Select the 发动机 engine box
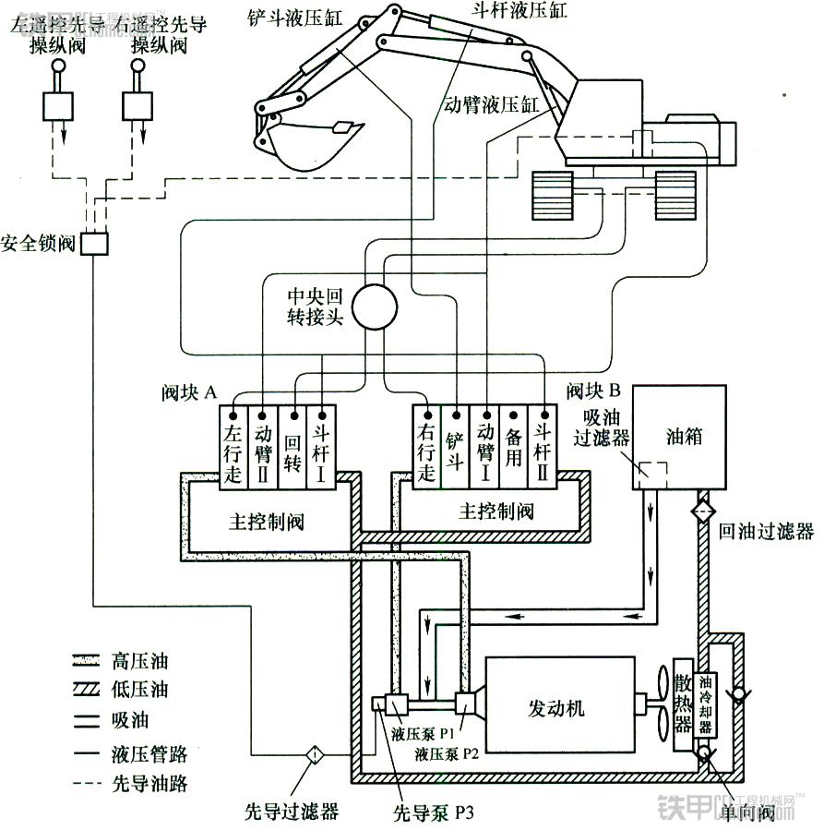coord(560,708)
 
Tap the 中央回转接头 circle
coord(374,307)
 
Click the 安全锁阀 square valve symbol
coord(94,244)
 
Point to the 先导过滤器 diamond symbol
coord(314,754)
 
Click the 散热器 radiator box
coord(683,708)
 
